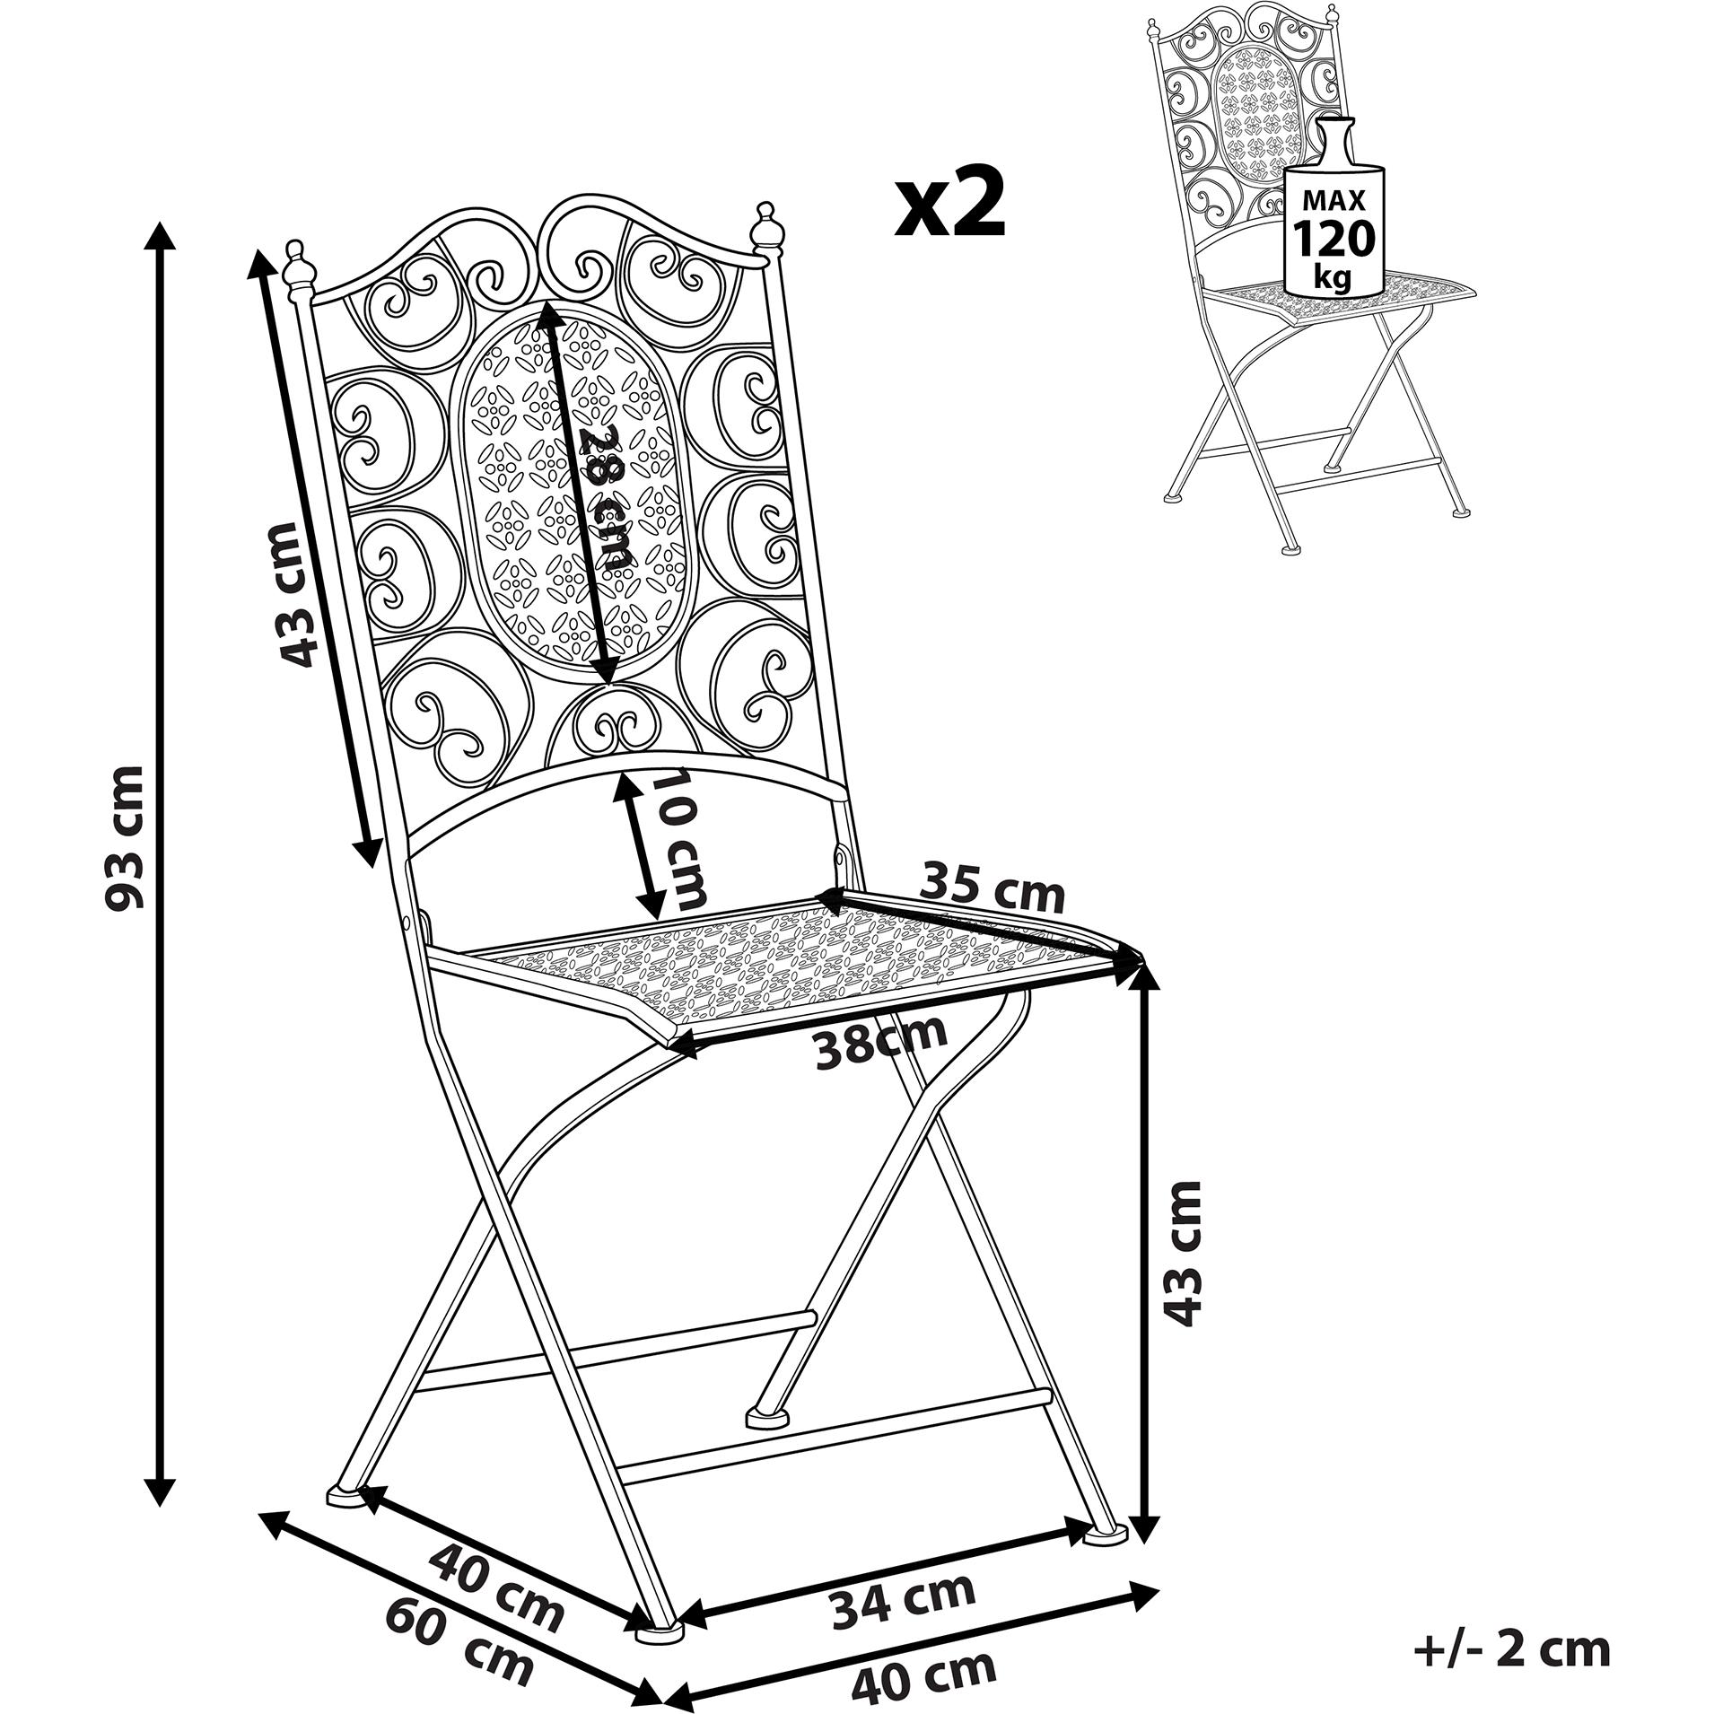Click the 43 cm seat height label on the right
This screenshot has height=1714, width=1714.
pos(1185,1253)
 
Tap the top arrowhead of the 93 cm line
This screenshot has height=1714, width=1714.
pos(161,236)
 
